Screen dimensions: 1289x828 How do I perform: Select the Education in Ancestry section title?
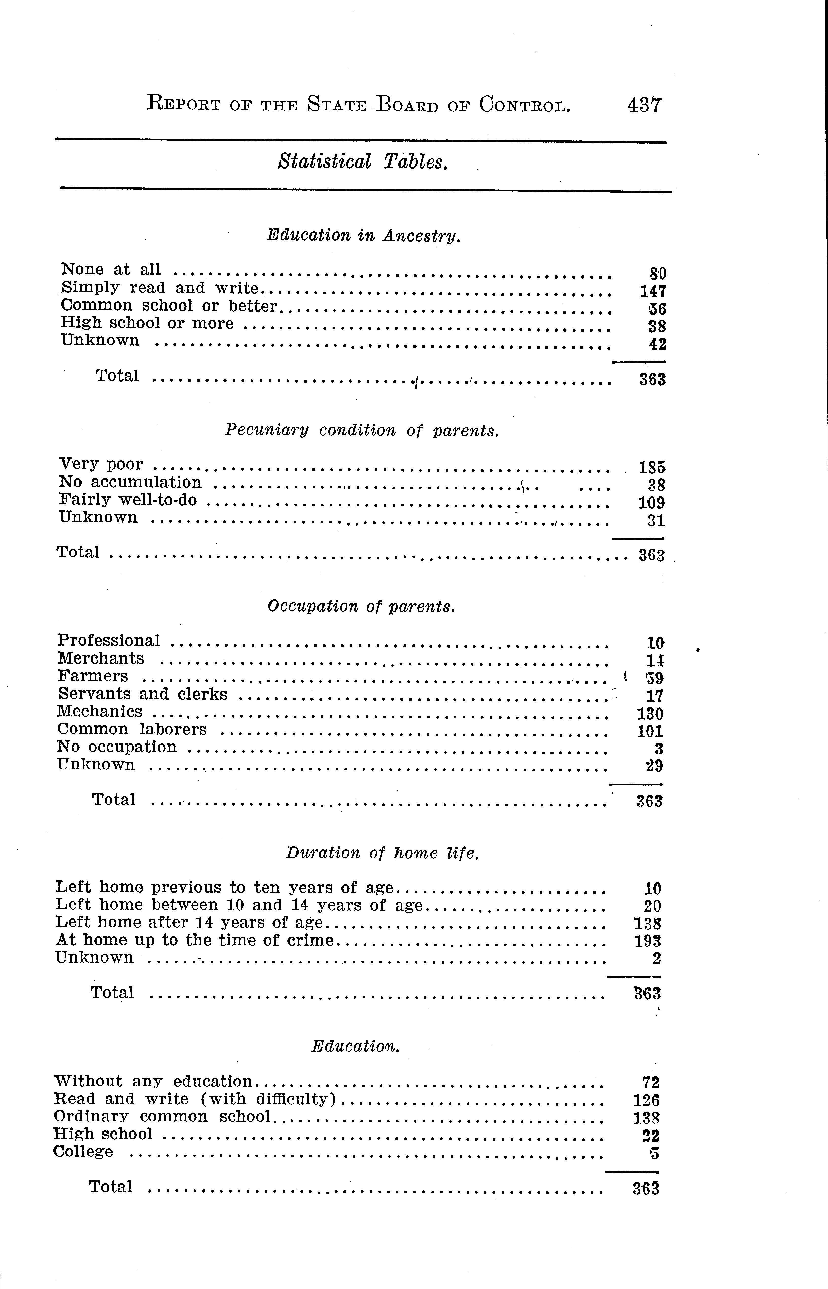[x=364, y=236]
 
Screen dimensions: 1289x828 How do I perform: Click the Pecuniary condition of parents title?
[x=361, y=431]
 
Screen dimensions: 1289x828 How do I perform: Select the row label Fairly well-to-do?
[x=128, y=500]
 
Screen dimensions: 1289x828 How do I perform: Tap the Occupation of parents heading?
[x=361, y=606]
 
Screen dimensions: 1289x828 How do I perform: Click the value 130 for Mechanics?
[x=649, y=714]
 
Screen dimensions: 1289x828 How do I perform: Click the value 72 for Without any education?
[x=651, y=1082]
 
